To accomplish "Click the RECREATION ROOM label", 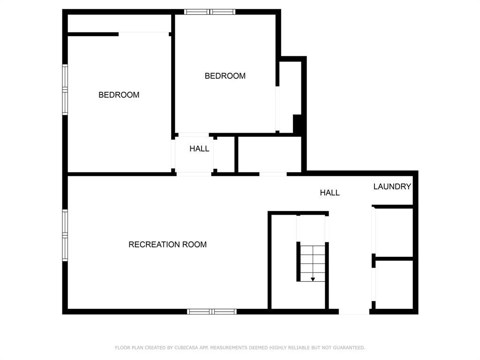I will coord(167,244).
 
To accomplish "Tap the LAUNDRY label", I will coord(392,187).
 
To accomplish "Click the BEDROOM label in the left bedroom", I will coord(119,95).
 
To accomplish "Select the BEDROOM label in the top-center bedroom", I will coord(225,76).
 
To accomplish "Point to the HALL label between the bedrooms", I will coord(199,149).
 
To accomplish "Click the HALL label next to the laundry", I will coord(330,193).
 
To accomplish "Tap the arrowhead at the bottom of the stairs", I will coord(313,279).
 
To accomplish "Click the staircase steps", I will coord(312,262).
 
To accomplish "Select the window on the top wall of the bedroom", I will coord(210,12).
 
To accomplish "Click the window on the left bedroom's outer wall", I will coord(65,89).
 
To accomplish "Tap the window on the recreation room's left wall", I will coord(65,235).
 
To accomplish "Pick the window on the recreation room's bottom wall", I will coord(212,311).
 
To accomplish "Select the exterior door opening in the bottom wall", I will coord(354,311).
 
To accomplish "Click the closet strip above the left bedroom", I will coord(120,23).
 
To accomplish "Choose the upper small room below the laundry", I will coord(394,232).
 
